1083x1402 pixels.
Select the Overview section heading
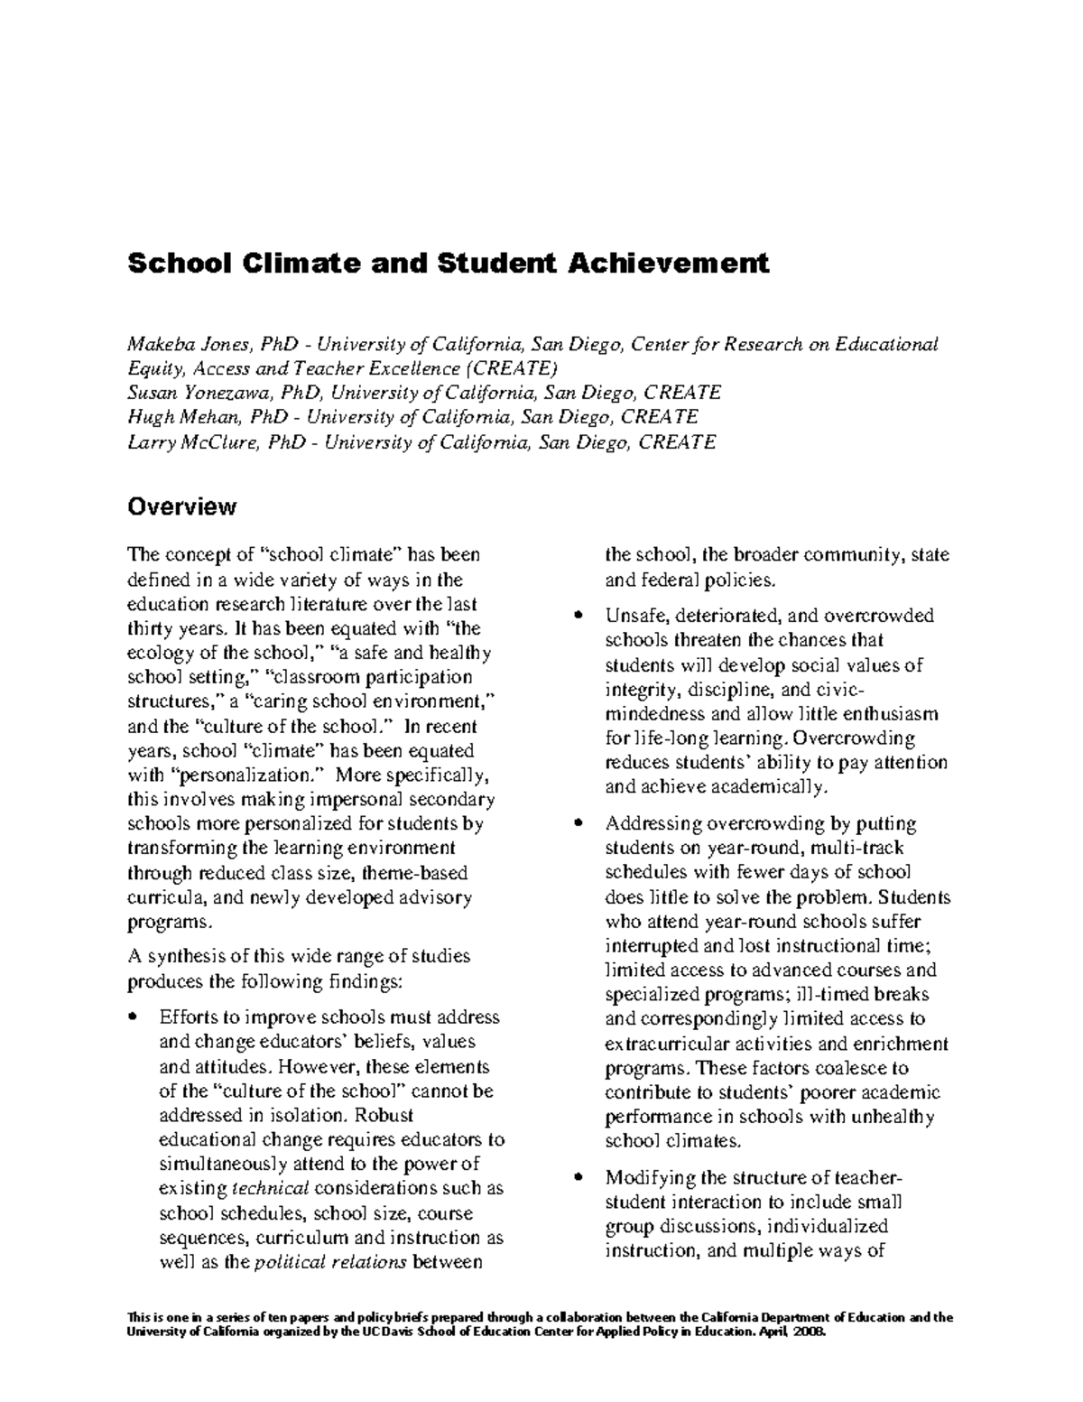(x=182, y=506)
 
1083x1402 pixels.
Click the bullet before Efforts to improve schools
(x=134, y=1017)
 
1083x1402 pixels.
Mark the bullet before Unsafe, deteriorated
(x=579, y=617)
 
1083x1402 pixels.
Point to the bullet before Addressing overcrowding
(x=579, y=824)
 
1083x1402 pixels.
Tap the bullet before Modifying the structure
(x=579, y=1178)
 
